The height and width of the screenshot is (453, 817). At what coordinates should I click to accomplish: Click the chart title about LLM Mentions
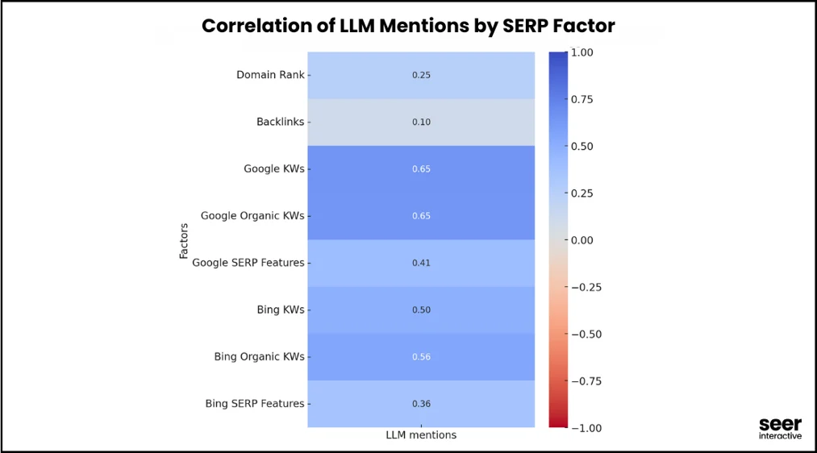(x=408, y=26)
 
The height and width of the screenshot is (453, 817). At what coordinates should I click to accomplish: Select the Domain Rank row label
(x=270, y=75)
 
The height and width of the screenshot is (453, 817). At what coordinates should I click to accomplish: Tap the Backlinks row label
(x=281, y=122)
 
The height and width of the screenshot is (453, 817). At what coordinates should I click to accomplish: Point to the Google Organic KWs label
(x=252, y=216)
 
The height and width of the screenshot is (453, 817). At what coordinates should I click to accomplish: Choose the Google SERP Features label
(x=248, y=263)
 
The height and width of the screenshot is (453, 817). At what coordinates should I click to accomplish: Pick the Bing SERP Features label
(x=254, y=403)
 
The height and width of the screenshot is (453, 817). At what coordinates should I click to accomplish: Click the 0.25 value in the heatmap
(x=421, y=75)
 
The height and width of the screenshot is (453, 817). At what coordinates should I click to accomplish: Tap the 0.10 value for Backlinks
(x=421, y=123)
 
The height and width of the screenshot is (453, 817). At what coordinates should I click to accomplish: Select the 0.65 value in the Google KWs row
(x=421, y=169)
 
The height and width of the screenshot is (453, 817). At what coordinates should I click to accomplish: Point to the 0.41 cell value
(x=421, y=263)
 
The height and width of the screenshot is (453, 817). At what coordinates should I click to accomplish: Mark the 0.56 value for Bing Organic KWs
(x=421, y=356)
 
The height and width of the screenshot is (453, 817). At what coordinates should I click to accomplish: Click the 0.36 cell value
(x=421, y=403)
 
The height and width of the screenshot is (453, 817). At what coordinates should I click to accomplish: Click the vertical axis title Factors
(x=184, y=240)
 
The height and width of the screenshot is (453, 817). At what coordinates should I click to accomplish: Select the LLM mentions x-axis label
(x=421, y=435)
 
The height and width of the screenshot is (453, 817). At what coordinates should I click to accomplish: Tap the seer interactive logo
(x=780, y=429)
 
